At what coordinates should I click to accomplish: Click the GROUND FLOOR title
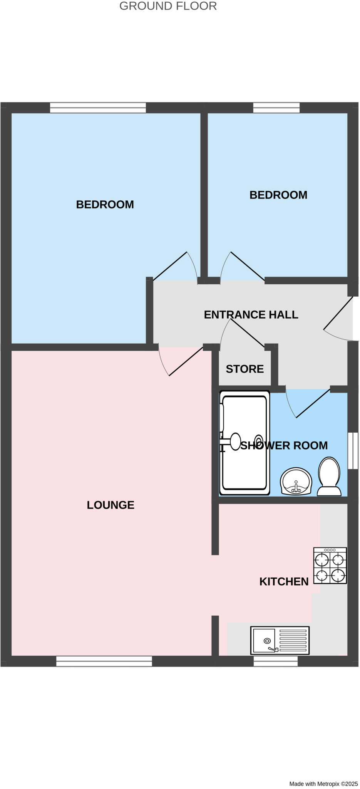(168, 6)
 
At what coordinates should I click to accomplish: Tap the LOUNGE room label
(111, 505)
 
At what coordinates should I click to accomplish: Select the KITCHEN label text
(284, 582)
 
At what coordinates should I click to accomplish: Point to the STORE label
(244, 369)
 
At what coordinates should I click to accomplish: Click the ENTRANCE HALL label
(251, 315)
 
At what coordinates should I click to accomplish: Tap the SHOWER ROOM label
(284, 445)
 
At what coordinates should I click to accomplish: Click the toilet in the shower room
(329, 477)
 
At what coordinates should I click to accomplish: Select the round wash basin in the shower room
(296, 481)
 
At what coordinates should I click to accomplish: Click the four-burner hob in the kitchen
(330, 566)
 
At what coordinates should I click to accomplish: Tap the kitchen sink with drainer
(280, 640)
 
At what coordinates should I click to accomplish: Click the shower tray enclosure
(244, 443)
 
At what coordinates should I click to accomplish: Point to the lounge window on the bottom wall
(104, 661)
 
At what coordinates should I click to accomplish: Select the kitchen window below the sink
(276, 661)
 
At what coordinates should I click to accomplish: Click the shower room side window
(353, 451)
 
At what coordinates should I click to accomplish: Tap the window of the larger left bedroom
(98, 107)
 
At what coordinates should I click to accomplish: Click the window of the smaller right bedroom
(276, 107)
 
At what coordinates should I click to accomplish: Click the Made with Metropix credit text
(323, 784)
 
